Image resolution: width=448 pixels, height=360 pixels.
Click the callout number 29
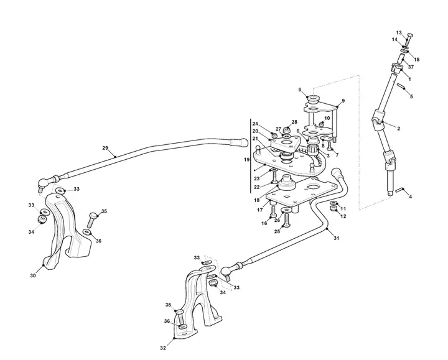click(105, 148)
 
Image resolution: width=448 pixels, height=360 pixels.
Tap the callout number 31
click(336, 238)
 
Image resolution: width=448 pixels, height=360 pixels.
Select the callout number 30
click(33, 276)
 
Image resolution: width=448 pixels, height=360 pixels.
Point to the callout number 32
click(163, 348)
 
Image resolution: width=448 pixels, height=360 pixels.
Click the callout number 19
click(246, 160)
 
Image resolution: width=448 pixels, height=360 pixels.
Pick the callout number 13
click(399, 32)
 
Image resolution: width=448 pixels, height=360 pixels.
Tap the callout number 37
click(411, 67)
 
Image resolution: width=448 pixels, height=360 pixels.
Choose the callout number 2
click(399, 129)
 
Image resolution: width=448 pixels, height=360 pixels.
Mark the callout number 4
click(410, 196)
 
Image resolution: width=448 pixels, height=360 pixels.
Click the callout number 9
click(343, 101)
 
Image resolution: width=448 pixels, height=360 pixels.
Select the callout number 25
click(277, 231)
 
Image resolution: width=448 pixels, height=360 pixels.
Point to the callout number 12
click(343, 216)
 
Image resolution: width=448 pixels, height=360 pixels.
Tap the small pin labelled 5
click(399, 86)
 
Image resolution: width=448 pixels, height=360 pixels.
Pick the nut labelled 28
click(287, 131)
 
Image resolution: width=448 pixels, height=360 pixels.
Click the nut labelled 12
click(333, 208)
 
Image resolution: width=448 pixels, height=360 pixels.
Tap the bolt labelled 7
click(329, 145)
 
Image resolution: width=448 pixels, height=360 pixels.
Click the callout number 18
click(256, 200)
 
